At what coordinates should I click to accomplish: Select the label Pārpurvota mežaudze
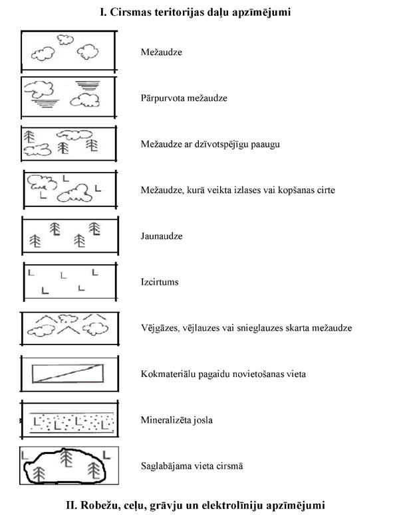tap(184, 98)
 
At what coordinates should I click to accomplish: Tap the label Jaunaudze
tap(162, 236)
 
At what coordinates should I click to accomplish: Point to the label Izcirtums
tap(160, 282)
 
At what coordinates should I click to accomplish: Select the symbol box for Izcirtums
tap(68, 281)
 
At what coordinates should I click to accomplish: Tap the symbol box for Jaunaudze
tap(68, 236)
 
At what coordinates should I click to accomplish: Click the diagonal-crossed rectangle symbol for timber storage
tap(68, 374)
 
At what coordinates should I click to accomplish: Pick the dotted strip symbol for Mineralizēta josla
tap(68, 420)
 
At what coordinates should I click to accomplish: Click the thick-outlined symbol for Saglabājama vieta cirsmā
tap(65, 467)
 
